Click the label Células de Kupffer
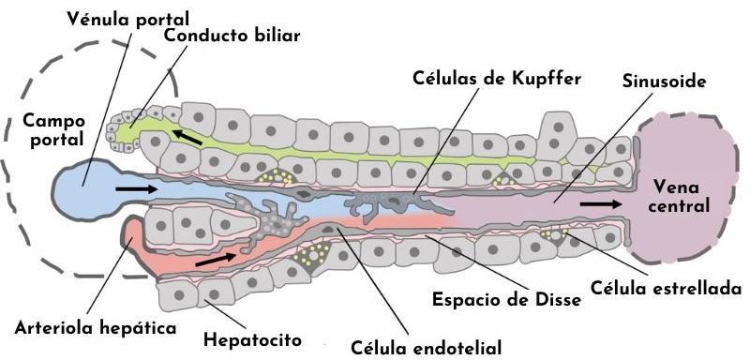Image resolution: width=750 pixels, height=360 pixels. coord(498,78)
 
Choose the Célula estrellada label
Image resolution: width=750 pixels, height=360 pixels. coord(667,287)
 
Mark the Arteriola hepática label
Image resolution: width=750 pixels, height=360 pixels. coord(96,328)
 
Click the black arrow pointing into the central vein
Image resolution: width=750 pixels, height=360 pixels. coord(600,202)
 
